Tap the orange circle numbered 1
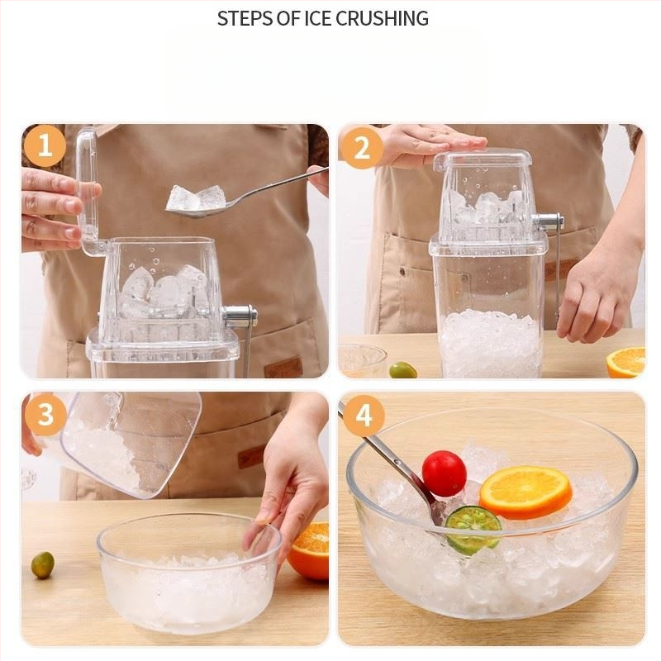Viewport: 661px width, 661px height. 45,146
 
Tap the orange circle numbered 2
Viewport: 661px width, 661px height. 361,148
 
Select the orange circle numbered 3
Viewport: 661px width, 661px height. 45,415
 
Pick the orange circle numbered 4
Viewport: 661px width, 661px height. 364,416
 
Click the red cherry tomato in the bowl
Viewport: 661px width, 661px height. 444,473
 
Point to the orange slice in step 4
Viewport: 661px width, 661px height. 525,492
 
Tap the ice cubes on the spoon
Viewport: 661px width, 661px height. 195,197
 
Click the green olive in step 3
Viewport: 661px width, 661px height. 43,565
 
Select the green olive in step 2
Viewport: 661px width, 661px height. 403,370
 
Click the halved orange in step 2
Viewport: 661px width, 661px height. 626,362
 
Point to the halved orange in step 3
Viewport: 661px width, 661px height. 309,551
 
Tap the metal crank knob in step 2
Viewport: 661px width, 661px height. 548,221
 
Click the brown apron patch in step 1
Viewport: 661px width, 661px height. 283,368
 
